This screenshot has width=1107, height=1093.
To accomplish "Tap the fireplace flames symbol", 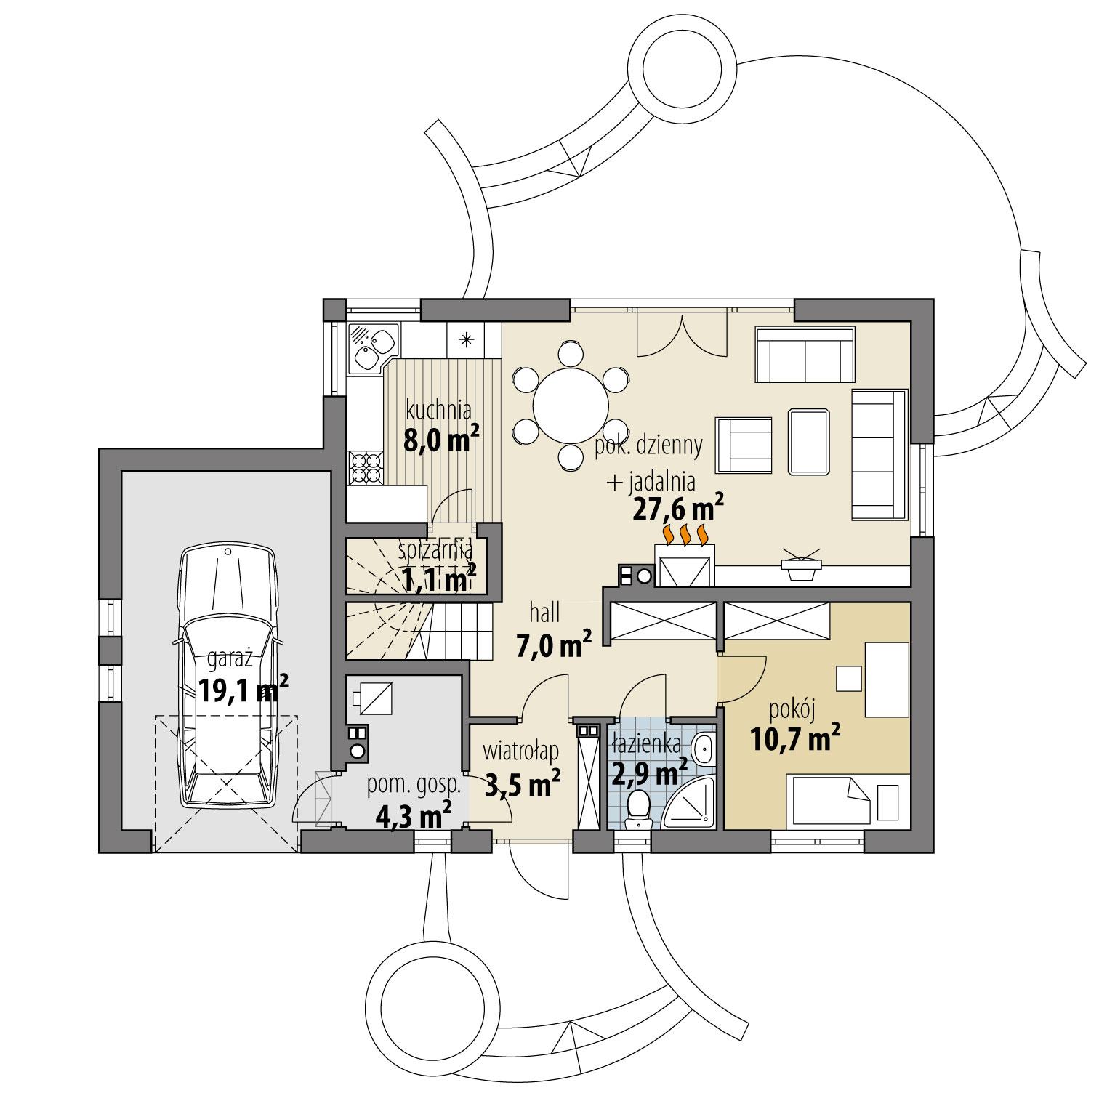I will tap(685, 533).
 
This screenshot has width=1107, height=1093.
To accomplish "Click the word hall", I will tap(544, 614).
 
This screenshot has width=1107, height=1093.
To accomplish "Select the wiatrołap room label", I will tap(520, 749).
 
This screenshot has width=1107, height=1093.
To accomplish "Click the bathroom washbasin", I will tap(703, 749).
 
